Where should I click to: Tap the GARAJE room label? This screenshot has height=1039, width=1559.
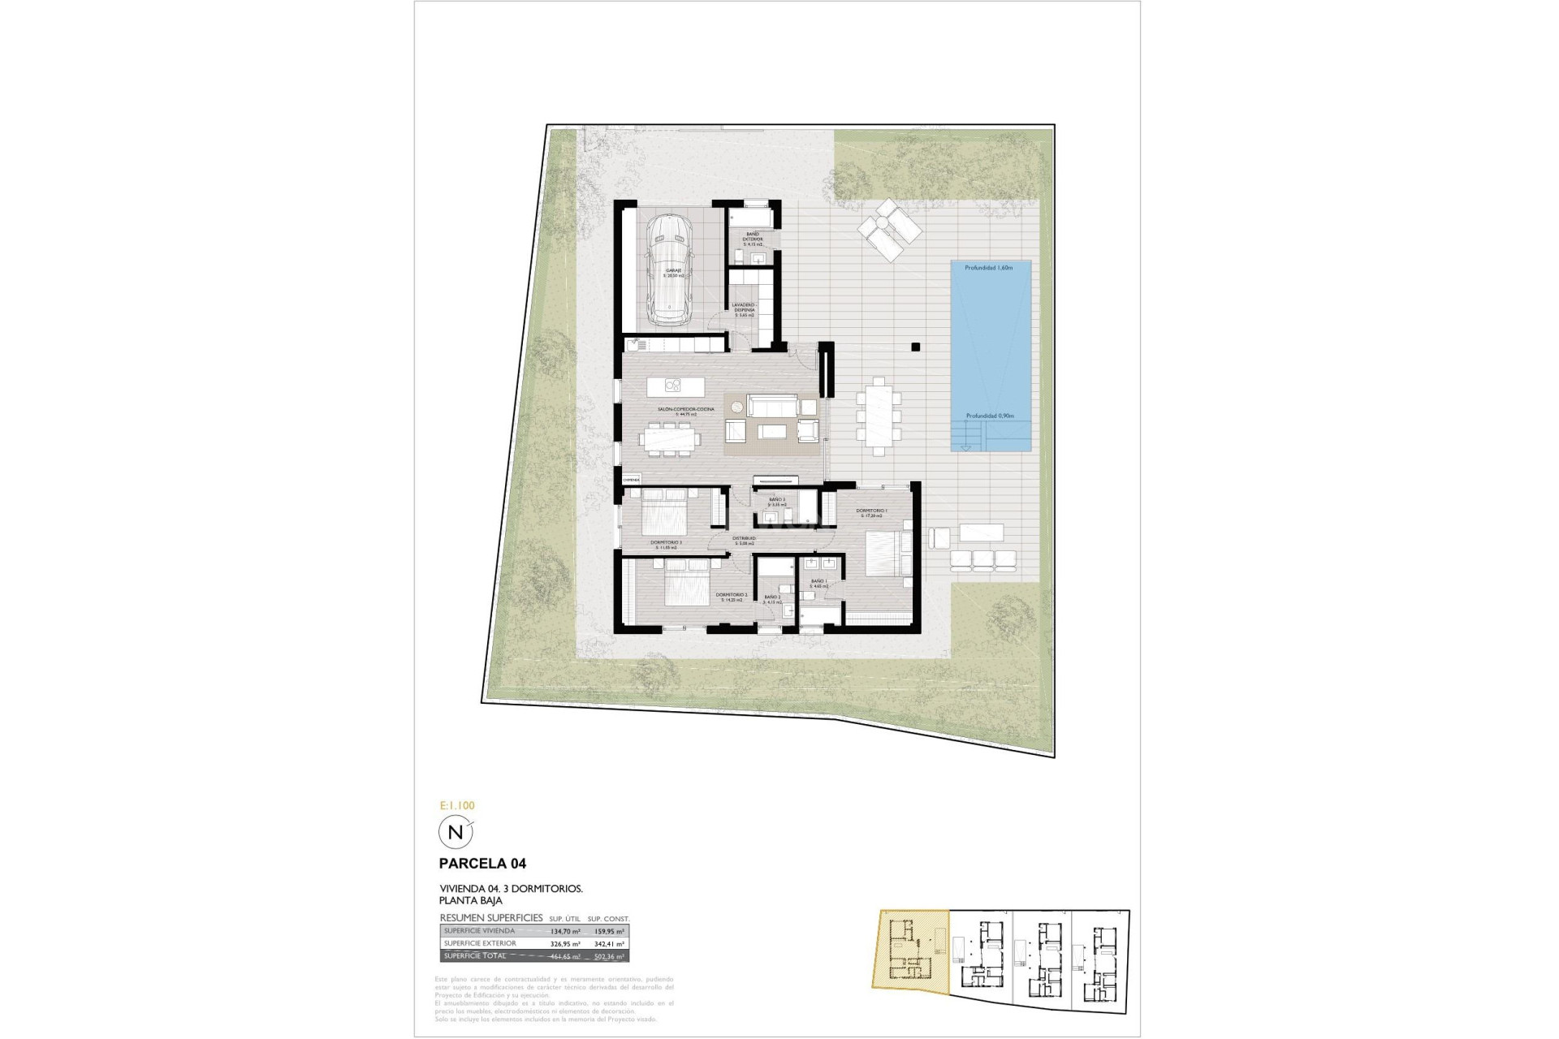674,271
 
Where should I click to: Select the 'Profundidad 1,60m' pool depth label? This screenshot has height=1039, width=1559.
988,268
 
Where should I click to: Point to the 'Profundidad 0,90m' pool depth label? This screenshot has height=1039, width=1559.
990,416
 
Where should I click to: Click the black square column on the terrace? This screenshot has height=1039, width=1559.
915,347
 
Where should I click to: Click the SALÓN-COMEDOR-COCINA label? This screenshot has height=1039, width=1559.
687,409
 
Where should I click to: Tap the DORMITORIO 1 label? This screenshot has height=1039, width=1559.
871,511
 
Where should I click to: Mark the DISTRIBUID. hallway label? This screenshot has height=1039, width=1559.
745,538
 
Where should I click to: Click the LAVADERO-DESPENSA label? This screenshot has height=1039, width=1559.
745,307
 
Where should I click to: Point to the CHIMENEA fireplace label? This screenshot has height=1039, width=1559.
631,480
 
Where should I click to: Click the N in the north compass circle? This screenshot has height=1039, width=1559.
455,833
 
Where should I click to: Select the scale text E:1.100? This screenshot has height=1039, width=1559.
456,805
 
